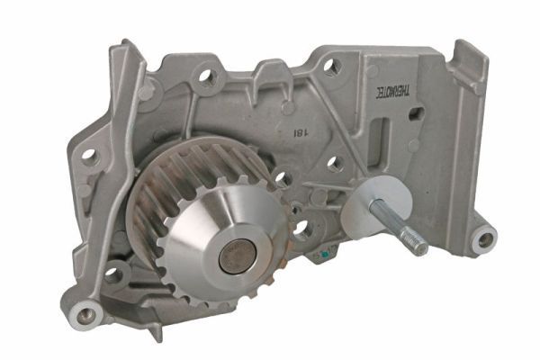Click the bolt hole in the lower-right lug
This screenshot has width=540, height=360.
[485, 239]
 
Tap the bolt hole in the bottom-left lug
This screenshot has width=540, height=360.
[87, 316]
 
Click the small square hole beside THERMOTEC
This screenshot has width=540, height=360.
[416, 114]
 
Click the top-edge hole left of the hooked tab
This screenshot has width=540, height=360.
[331, 66]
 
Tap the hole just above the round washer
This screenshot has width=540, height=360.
[335, 165]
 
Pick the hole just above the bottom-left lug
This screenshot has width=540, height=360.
[114, 274]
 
